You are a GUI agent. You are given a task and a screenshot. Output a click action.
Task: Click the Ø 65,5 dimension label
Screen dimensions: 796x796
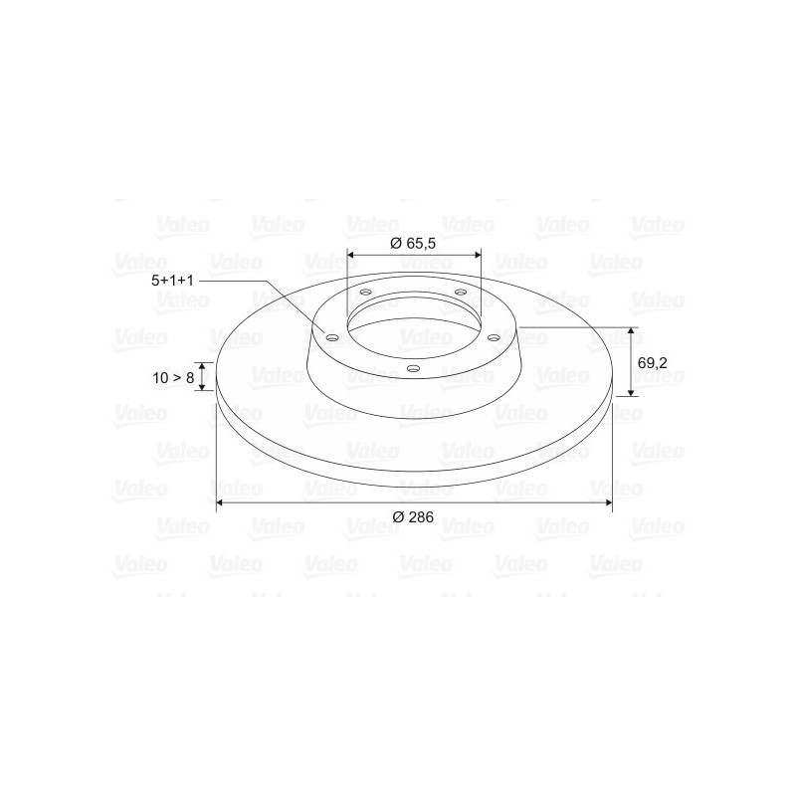point(413,243)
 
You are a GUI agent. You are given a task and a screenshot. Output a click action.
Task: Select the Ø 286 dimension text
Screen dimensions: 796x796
point(413,516)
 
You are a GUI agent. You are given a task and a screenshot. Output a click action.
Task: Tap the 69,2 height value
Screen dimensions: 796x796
point(653,363)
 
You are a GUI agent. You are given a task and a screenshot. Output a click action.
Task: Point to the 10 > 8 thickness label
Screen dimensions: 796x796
point(173,378)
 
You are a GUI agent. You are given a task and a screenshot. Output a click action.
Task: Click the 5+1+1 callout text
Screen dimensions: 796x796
point(172,281)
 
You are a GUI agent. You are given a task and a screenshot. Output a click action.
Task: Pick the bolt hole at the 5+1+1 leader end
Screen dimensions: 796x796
point(332,338)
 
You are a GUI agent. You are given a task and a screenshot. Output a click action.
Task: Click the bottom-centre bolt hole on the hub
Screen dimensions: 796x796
point(414,368)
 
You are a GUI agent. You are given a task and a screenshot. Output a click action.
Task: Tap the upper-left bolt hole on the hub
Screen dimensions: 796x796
point(365,293)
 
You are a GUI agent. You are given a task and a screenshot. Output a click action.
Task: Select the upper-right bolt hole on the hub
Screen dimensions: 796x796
point(461,292)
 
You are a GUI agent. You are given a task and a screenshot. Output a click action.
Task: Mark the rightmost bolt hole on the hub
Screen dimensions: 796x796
point(494,337)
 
